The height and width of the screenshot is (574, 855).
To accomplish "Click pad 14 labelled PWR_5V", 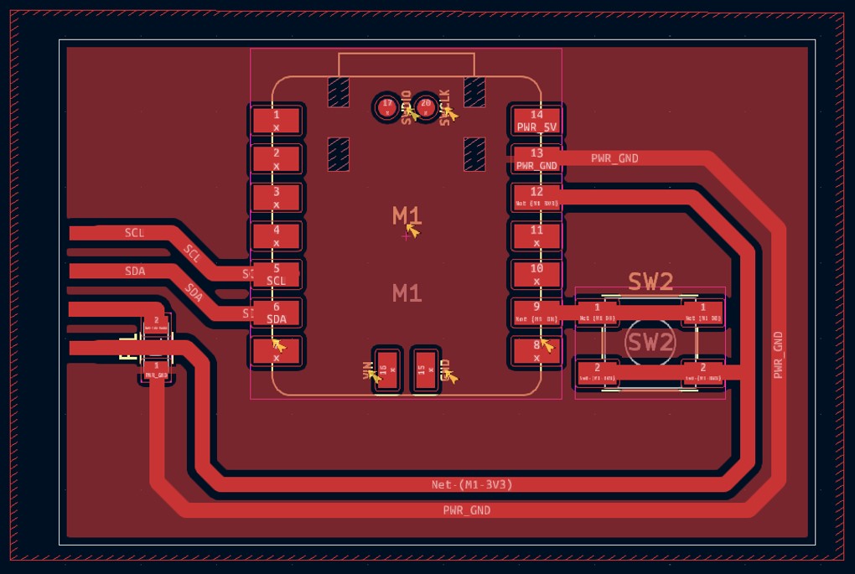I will (x=536, y=121).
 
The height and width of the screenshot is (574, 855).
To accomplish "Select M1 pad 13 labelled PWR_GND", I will (x=536, y=159).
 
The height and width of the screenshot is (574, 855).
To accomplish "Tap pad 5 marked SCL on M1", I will (x=276, y=274).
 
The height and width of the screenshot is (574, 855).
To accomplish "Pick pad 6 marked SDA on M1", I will (x=276, y=313).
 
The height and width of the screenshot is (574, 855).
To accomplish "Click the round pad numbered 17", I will (x=386, y=106).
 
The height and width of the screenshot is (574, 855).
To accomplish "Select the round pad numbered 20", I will (x=426, y=106).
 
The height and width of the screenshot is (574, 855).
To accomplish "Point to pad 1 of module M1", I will (x=276, y=121).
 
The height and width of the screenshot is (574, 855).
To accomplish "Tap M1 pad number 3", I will (x=276, y=197).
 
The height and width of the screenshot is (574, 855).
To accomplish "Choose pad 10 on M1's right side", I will (x=536, y=274).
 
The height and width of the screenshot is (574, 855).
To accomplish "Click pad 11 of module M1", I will (x=536, y=235).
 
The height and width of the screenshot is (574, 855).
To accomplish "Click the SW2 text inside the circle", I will (x=650, y=342).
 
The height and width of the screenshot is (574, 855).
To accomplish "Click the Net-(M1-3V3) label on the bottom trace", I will (x=472, y=484).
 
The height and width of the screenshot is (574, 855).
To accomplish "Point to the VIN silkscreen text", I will (x=366, y=370).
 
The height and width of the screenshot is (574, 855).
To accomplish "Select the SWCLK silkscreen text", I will (x=445, y=106).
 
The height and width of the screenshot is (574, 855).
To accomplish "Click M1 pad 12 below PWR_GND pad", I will (x=536, y=198).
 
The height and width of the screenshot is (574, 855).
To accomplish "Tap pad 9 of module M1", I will (x=536, y=313).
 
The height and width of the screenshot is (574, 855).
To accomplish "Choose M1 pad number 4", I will (x=276, y=235).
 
